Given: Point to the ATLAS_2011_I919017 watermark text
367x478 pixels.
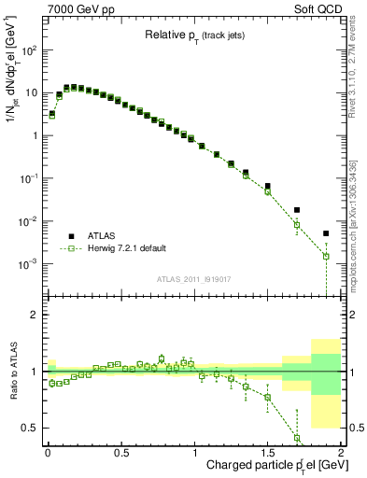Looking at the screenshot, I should pos(192,279).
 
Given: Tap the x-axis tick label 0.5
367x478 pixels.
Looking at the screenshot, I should pos(120,453).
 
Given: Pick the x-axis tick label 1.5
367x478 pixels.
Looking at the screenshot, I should pos(267,453).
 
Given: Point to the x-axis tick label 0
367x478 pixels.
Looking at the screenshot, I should pos(48,453).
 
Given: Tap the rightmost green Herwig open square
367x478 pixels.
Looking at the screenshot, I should pos(326,256).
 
